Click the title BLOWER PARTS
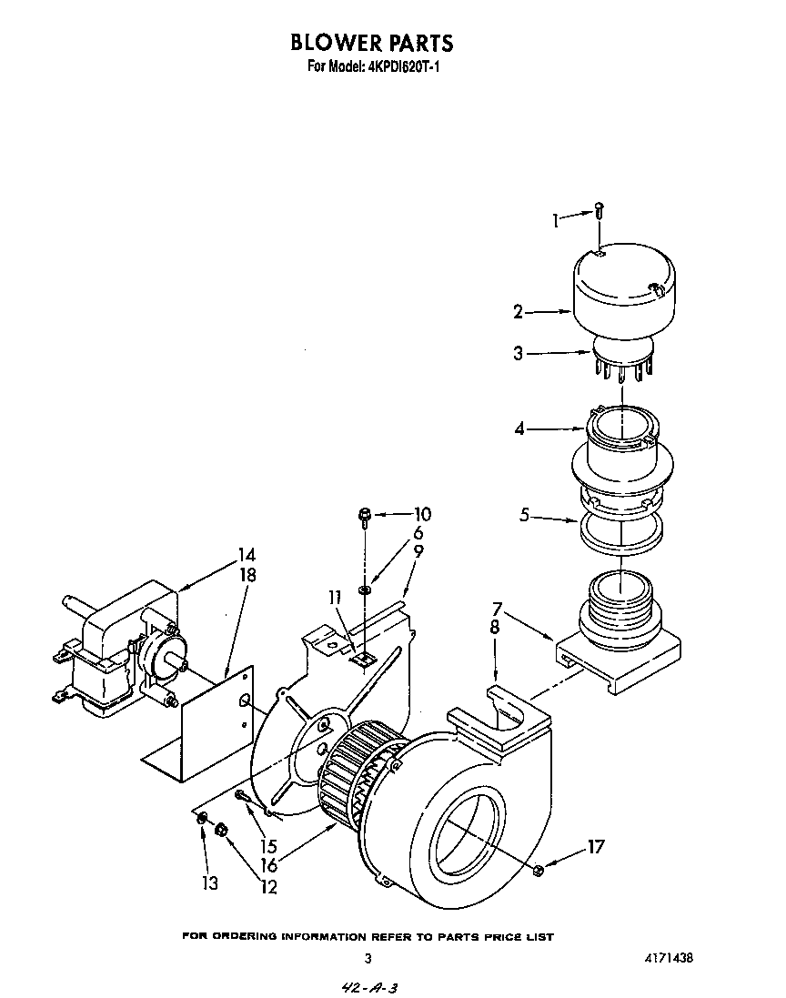point(371,43)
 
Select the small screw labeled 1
point(600,212)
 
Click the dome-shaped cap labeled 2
point(622,290)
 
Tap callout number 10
point(422,514)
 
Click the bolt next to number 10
point(364,518)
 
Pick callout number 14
point(246,554)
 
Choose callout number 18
point(247,575)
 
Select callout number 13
point(211,883)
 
